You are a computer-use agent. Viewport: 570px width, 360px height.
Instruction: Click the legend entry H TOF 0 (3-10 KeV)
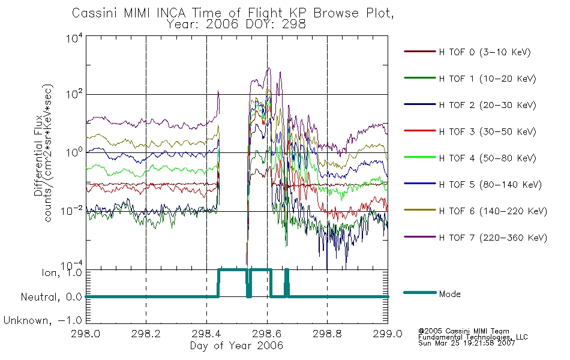point(485,52)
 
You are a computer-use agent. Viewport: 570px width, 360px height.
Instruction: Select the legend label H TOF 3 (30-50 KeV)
point(487,131)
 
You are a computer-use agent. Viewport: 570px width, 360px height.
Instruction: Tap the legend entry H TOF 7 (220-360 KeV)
point(493,238)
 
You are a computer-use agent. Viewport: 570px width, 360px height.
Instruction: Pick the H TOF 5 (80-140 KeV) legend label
point(490,185)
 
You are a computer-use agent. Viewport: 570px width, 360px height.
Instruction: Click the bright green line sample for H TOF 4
point(420,157)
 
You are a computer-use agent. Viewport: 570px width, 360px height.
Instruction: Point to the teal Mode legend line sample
point(420,292)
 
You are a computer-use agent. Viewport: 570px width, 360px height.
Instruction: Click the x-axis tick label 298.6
point(267,334)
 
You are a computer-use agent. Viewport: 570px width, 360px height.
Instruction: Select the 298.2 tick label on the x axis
point(146,334)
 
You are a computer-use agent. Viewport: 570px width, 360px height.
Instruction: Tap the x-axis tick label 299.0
point(388,334)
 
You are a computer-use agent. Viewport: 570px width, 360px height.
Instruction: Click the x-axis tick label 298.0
point(85,334)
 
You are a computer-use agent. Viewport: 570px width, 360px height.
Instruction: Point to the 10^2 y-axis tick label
point(74,94)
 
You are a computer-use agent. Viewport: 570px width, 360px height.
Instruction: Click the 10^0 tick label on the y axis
point(74,152)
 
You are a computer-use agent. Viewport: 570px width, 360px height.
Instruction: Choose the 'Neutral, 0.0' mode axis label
point(52,298)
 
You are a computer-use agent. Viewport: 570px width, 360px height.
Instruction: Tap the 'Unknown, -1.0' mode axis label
point(43,321)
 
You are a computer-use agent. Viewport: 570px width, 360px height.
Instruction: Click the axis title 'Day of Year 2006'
point(236,346)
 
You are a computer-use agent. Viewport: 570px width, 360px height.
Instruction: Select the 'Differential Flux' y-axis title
point(38,155)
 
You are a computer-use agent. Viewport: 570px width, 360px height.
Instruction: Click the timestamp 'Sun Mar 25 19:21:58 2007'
point(467,343)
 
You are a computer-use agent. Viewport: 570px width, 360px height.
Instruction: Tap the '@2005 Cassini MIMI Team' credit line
point(464,331)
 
